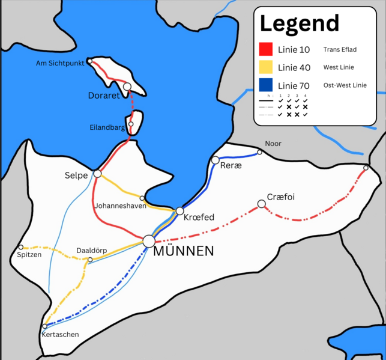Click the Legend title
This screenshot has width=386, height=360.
299,23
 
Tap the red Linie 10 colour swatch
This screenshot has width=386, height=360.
266,49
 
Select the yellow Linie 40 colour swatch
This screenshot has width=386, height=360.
266,67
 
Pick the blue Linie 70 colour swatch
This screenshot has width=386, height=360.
266,85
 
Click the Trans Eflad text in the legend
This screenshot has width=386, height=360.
340,50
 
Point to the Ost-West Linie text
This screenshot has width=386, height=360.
345,85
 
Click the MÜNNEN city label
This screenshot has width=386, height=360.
183,251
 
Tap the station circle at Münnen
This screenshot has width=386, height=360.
149,241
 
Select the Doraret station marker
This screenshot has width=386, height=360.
127,87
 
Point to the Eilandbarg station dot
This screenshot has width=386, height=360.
131,124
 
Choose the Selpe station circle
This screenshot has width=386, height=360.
97,174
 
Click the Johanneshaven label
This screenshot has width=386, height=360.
119,204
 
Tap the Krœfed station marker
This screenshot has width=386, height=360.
179,210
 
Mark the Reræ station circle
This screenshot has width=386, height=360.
215,160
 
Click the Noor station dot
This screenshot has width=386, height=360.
259,152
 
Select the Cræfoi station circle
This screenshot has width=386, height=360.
261,204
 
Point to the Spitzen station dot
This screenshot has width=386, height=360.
21,247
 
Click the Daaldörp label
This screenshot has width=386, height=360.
91,251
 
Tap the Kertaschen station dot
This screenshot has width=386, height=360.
45,326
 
